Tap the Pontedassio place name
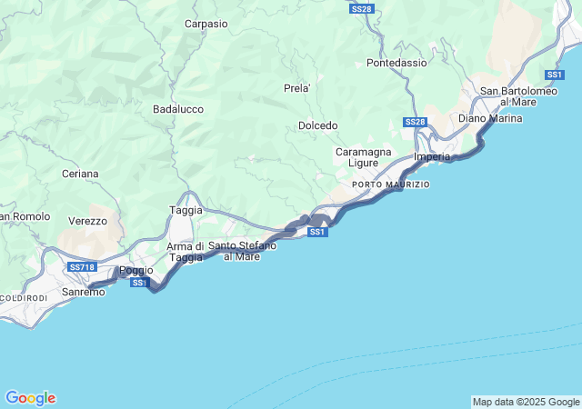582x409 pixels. pyautogui.click(x=396, y=63)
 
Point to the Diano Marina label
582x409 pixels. pyautogui.click(x=490, y=118)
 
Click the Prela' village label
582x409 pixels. pyautogui.click(x=297, y=88)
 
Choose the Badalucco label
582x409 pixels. pyautogui.click(x=178, y=109)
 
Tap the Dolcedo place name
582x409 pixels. pyautogui.click(x=317, y=125)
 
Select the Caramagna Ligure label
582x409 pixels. pyautogui.click(x=363, y=156)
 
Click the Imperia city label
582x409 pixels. pyautogui.click(x=432, y=156)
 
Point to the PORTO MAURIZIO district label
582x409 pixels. pyautogui.click(x=390, y=185)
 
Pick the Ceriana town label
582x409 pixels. pyautogui.click(x=80, y=173)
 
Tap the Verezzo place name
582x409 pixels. pyautogui.click(x=87, y=220)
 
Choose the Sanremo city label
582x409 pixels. pyautogui.click(x=83, y=292)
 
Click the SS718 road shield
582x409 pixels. pyautogui.click(x=82, y=267)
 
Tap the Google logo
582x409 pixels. pyautogui.click(x=30, y=398)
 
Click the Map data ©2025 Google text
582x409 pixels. pyautogui.click(x=525, y=402)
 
